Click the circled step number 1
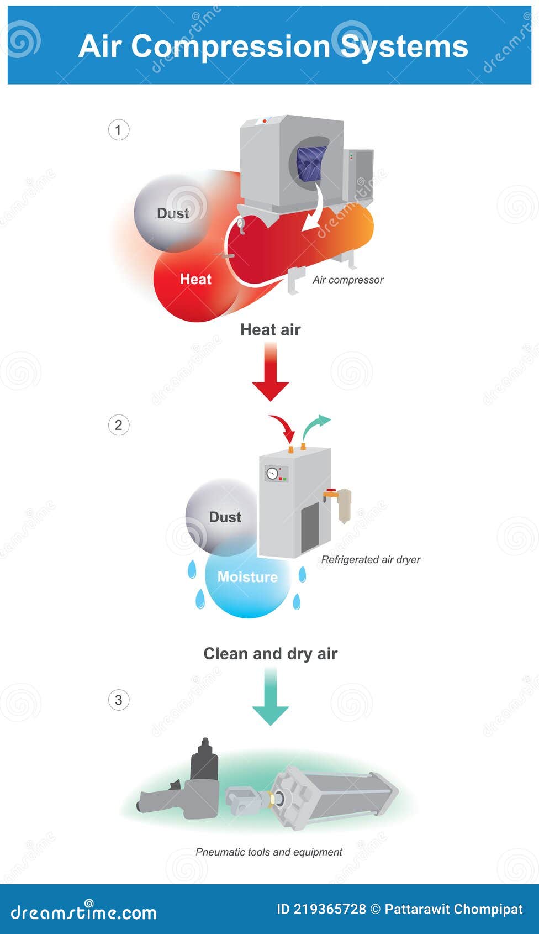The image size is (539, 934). [x=118, y=130]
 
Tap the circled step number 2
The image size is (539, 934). [x=118, y=425]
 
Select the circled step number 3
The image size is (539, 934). [x=118, y=700]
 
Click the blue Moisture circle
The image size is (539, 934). [x=247, y=583]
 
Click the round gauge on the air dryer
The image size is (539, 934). [x=272, y=473]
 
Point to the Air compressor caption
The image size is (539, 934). [x=348, y=280]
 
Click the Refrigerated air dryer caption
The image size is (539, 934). [x=371, y=560]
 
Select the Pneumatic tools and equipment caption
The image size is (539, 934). [x=269, y=852]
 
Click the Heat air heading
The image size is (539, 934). [x=270, y=330]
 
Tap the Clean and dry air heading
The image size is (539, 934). [x=270, y=654]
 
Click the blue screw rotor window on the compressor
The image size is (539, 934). [x=309, y=164]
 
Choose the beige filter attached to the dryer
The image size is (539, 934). [x=344, y=505]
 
